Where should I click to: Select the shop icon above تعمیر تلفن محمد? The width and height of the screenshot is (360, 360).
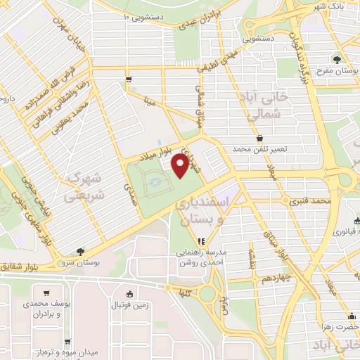[260, 138]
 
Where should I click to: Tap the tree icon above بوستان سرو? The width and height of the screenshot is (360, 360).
[81, 251]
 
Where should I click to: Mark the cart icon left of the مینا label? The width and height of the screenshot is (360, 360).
[128, 79]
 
